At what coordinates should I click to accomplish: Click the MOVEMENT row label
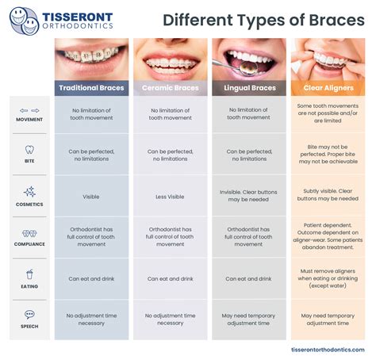29,120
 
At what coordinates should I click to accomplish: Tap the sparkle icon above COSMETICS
29,191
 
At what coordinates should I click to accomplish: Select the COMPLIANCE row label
29,244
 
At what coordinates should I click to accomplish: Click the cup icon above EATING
29,274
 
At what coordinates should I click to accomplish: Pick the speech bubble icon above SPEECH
29,314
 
